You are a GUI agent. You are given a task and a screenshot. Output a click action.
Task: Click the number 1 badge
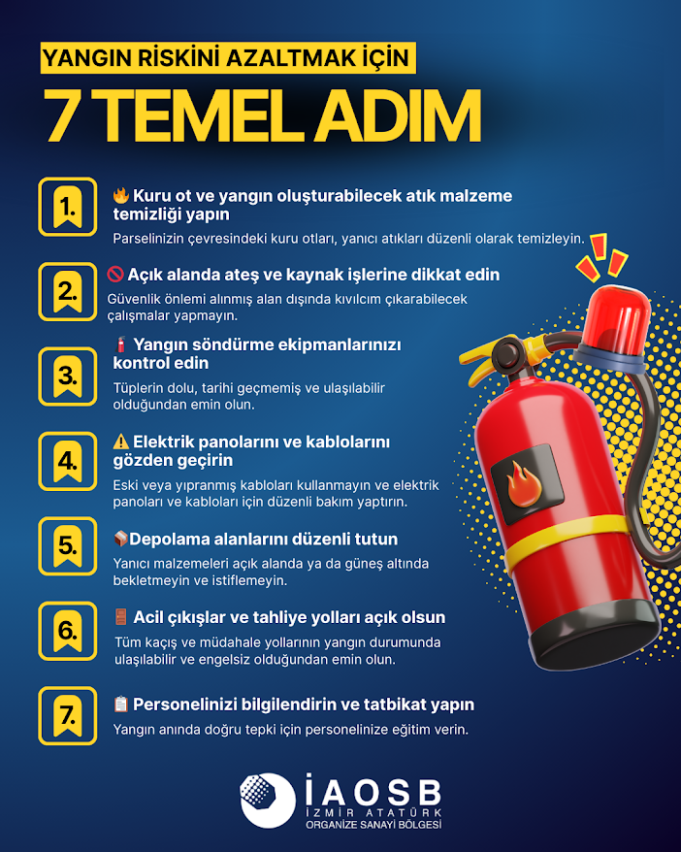pyautogui.click(x=67, y=206)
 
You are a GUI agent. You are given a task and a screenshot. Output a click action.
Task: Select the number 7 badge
pyautogui.click(x=67, y=716)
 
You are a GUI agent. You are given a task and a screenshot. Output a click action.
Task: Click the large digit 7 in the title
pyautogui.click(x=61, y=117)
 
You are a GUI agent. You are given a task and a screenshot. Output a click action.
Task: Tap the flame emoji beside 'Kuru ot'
pyautogui.click(x=120, y=195)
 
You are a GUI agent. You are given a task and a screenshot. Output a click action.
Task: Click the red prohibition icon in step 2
pyautogui.click(x=116, y=275)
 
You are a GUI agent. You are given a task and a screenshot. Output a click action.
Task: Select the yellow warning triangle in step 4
pyautogui.click(x=120, y=442)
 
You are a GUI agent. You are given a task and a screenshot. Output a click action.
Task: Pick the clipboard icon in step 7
pyautogui.click(x=120, y=704)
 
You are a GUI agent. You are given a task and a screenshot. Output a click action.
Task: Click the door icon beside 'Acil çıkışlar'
pyautogui.click(x=120, y=617)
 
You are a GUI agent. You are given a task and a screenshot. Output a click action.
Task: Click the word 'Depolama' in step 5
pyautogui.click(x=165, y=539)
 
